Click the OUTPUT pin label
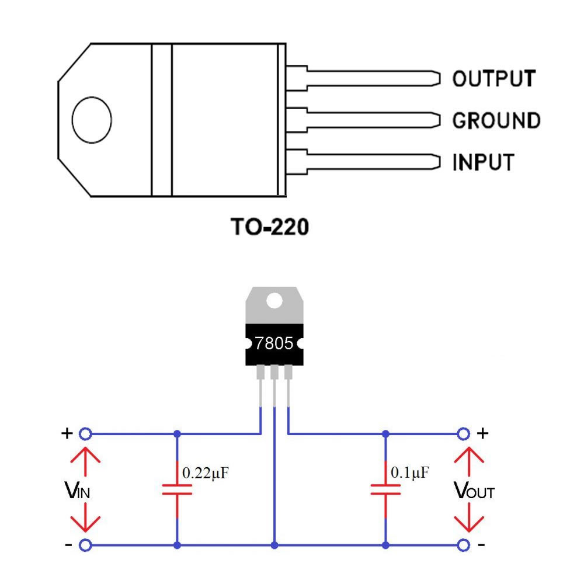coord(494,79)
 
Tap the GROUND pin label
coord(496,120)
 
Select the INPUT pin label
coord(483,162)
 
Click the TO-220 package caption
coord(270,227)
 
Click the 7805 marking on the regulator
coord(274,343)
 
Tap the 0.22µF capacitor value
coord(205,473)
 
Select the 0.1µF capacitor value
coord(410,472)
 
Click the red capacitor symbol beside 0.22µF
coord(177,489)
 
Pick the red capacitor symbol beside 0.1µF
coord(385,489)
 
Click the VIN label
coord(78,490)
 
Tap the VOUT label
coord(474,490)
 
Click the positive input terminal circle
coord(85,434)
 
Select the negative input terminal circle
coord(85,545)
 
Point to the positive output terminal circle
coord(463,434)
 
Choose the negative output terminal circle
coord(463,545)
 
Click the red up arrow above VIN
coord(85,462)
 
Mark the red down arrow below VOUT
coord(469,517)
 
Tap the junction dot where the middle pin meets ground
coord(274,545)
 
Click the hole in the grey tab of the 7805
coord(274,301)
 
